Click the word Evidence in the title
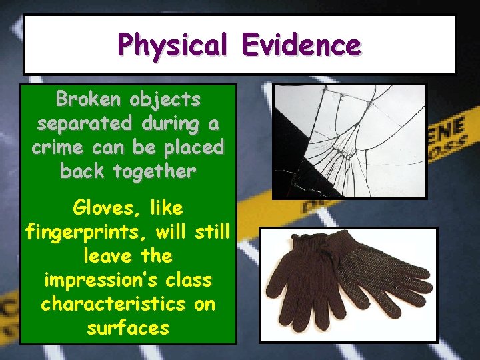coord(301,45)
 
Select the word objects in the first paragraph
coord(165,100)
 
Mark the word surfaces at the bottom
coord(128,328)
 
